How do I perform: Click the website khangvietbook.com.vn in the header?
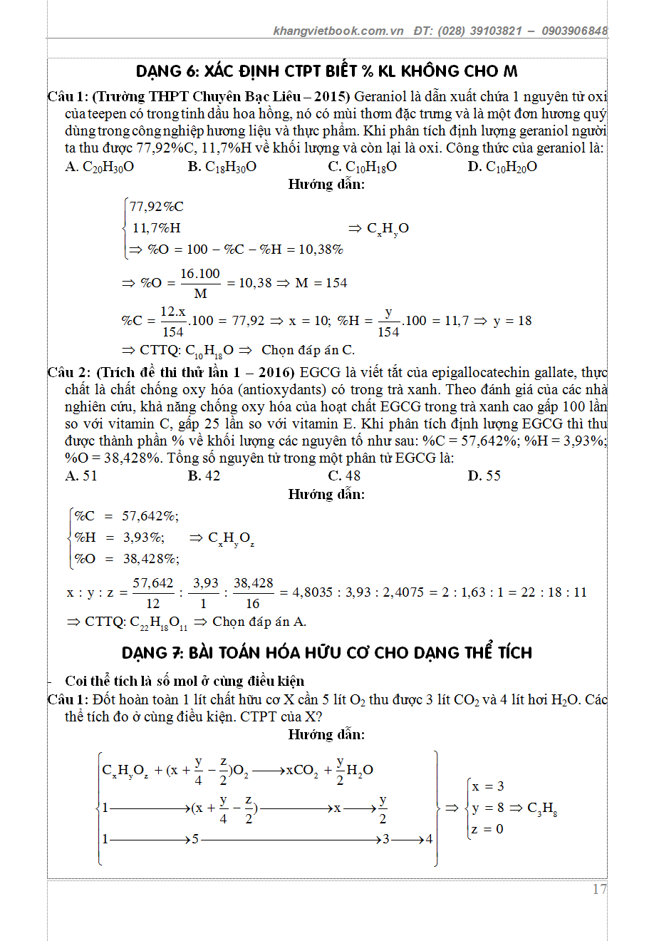(x=338, y=31)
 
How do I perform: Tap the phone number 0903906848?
(x=574, y=31)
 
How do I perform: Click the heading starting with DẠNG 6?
(x=327, y=71)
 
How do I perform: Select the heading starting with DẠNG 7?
(x=327, y=652)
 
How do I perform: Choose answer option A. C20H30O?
(x=100, y=167)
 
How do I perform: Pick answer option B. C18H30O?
(x=222, y=167)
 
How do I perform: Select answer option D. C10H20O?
(x=502, y=167)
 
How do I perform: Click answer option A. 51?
(x=81, y=476)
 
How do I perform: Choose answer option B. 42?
(x=204, y=476)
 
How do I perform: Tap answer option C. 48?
(x=344, y=476)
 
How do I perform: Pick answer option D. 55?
(x=484, y=476)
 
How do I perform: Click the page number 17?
(x=599, y=890)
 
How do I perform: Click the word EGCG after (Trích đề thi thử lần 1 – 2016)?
(x=315, y=372)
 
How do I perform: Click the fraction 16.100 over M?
(x=200, y=283)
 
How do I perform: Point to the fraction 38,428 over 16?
(x=253, y=592)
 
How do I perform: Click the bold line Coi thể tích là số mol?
(x=185, y=681)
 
